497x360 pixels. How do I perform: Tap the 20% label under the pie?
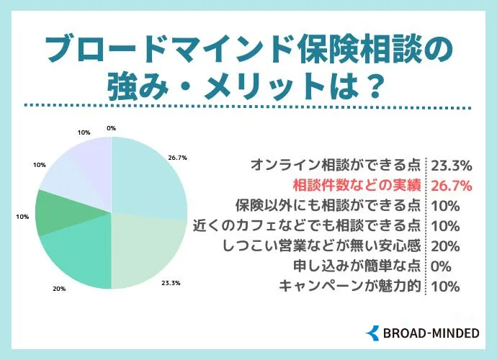59,288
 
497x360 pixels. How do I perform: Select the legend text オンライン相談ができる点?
338,164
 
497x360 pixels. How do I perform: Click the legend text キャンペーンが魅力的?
349,286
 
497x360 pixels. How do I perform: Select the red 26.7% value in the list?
451,185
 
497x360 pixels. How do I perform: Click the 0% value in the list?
441,266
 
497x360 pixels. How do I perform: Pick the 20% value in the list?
444,246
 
